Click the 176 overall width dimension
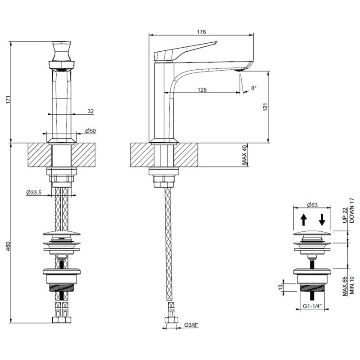[201, 31]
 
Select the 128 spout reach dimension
[202, 90]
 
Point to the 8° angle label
[253, 88]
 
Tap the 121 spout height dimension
[265, 107]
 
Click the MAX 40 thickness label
[244, 155]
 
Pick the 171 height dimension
[9, 99]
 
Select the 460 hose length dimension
[9, 246]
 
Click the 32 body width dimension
[91, 111]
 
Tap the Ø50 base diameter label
[90, 131]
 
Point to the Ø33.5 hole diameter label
[34, 193]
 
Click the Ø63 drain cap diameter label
[312, 205]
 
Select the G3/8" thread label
[191, 324]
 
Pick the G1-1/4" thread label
[312, 306]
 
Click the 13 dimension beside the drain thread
[280, 288]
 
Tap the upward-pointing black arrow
[304, 220]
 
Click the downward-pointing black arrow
[322, 220]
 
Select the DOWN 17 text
[352, 210]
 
